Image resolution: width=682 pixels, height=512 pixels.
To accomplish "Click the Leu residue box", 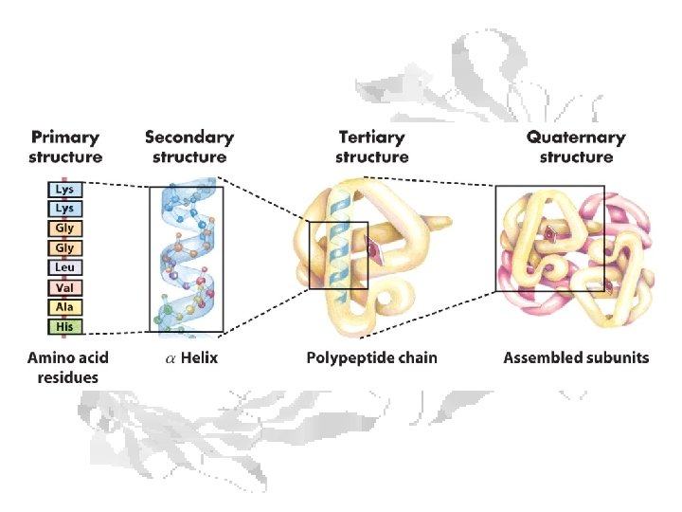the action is click(x=65, y=268).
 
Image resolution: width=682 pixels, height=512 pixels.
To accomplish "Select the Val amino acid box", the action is click(x=65, y=288).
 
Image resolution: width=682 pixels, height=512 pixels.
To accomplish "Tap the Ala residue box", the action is click(x=65, y=307).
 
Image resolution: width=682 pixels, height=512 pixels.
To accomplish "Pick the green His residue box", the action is click(x=65, y=327).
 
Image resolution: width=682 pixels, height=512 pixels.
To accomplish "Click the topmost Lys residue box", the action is click(x=65, y=189).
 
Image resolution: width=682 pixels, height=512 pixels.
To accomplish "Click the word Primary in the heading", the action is click(x=65, y=137).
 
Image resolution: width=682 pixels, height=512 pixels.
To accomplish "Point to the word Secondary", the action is click(x=188, y=137).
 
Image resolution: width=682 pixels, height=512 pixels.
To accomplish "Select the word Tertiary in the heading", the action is click(x=371, y=137).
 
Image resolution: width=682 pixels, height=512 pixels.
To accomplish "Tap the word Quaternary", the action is click(x=576, y=137).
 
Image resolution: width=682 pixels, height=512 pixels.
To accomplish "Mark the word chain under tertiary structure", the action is click(x=418, y=358).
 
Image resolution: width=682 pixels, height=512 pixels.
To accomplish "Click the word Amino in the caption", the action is click(x=47, y=358).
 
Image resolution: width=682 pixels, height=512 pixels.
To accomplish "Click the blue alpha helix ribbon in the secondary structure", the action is click(x=187, y=256).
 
